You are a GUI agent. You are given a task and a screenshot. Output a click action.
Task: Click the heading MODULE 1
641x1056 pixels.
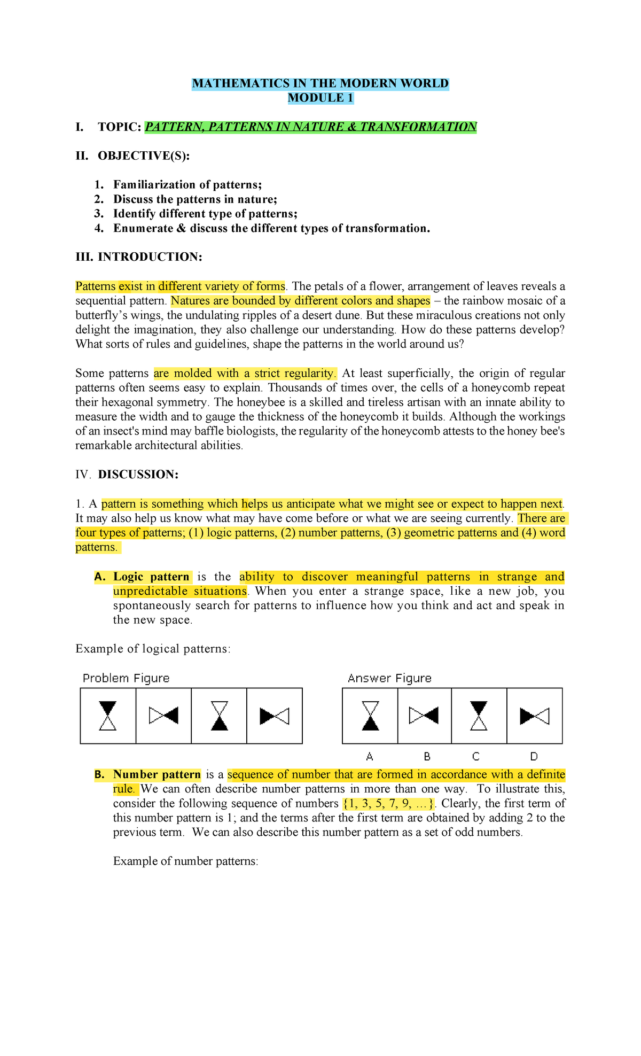320,98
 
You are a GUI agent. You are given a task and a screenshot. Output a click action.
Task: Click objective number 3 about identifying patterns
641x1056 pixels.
205,214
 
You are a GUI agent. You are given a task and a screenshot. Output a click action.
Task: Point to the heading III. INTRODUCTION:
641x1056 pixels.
139,257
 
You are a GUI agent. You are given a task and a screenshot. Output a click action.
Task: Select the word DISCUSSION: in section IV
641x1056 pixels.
138,475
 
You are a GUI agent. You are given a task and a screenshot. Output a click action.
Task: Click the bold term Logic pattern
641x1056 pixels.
151,577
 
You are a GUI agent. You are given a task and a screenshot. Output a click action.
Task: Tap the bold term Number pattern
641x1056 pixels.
157,774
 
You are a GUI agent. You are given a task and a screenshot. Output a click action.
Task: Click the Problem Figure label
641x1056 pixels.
126,678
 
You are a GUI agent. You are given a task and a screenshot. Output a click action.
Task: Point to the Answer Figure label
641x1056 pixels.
389,678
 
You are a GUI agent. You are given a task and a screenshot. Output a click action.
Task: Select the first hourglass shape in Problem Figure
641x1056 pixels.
108,716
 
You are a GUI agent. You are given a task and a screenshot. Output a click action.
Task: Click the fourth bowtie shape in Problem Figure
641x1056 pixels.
274,716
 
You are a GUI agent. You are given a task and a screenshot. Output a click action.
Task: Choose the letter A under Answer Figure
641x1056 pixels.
370,756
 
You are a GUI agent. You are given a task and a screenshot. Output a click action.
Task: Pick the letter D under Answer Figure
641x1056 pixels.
534,756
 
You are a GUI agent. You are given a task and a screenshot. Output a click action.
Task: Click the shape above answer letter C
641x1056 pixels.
479,716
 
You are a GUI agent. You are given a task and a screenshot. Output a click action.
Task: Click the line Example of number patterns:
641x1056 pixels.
186,861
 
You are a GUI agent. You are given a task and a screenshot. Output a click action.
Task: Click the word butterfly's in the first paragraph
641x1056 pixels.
102,315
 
